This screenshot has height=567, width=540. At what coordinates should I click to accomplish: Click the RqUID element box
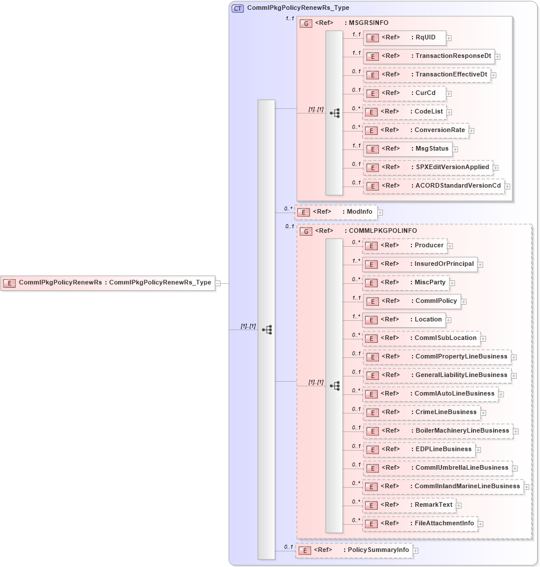404,38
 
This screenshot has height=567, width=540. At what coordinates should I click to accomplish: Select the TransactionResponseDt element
429,56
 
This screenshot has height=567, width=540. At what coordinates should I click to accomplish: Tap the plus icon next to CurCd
449,93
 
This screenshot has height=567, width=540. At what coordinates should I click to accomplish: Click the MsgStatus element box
407,149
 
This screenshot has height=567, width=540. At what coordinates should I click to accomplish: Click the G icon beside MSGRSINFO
306,24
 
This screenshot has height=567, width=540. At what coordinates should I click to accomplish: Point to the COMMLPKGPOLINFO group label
382,231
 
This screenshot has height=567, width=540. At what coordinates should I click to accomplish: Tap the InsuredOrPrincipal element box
419,264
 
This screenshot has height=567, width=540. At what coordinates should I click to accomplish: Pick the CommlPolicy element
411,301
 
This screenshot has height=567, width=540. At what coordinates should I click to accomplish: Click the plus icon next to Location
448,320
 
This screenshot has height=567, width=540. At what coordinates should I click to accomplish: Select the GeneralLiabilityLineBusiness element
437,375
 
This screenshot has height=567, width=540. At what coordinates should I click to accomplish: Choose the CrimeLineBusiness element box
421,412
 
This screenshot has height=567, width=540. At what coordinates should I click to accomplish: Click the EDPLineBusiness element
418,449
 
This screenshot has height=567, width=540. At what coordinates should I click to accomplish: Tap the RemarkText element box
409,505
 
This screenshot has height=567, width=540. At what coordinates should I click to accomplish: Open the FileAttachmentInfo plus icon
481,524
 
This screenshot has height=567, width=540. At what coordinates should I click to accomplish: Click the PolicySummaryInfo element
354,550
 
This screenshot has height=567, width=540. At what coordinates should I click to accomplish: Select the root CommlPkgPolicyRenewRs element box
108,283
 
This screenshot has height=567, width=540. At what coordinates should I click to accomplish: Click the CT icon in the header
238,9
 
